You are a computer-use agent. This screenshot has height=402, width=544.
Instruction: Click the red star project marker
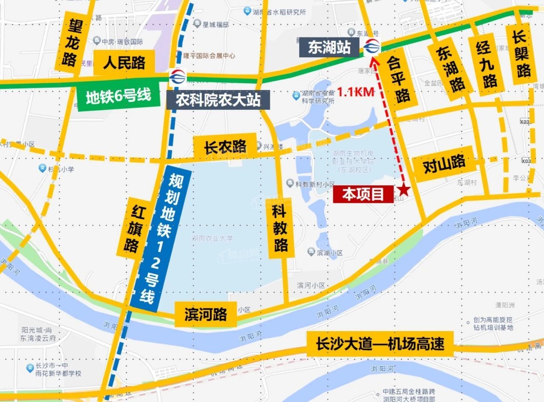tap(404, 191)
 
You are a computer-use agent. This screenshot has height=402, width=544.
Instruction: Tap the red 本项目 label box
tap(363, 195)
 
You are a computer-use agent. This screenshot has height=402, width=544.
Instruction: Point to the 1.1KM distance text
tap(356, 91)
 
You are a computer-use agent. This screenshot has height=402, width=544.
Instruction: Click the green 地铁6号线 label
tap(118, 97)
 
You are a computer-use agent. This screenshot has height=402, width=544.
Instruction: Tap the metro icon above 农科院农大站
tap(177, 77)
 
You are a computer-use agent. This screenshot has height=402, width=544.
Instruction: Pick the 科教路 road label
tap(280, 227)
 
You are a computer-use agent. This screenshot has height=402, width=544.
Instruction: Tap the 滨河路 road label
tap(206, 314)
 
